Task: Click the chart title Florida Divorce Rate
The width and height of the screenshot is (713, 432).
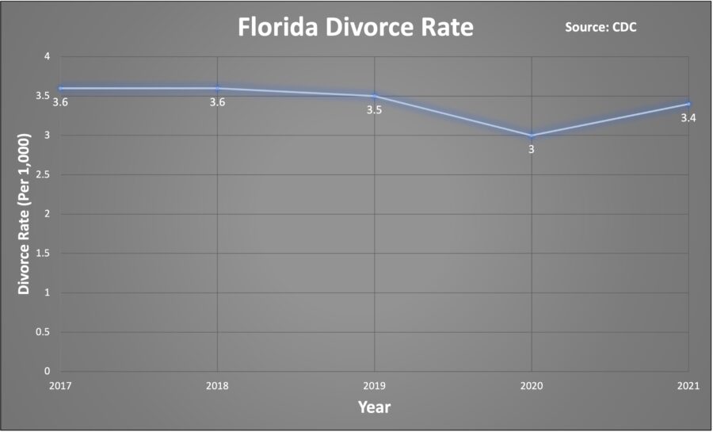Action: (x=356, y=29)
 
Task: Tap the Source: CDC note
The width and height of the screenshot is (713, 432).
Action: (x=601, y=28)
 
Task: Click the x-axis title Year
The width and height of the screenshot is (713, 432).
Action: (x=374, y=407)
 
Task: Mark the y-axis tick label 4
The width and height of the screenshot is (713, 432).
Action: (x=47, y=57)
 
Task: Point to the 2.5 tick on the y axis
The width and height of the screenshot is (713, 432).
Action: (x=43, y=174)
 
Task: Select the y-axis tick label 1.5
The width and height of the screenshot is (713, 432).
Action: (x=43, y=253)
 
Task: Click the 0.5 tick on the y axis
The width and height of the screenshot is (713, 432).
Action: (x=43, y=332)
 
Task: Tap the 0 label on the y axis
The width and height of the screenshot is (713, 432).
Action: (x=47, y=371)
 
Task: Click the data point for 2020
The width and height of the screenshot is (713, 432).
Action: (x=532, y=136)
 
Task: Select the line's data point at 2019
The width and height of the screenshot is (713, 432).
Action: (x=374, y=96)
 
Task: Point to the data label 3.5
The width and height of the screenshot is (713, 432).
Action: (x=374, y=110)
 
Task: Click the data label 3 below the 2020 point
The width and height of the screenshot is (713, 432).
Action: (x=532, y=148)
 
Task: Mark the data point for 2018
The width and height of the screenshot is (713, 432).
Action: (x=217, y=88)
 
